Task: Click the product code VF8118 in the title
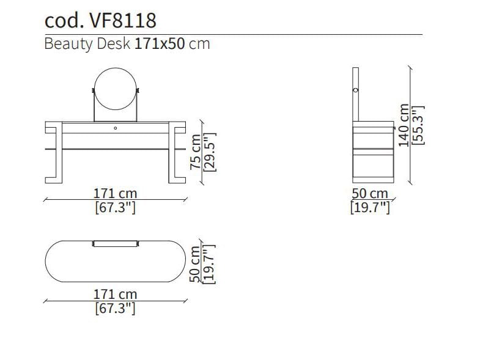tap(122, 21)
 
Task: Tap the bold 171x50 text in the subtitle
tap(160, 44)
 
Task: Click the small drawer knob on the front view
tap(116, 128)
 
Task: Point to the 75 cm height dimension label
tap(195, 152)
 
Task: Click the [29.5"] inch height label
tap(210, 152)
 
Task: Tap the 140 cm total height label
tap(404, 125)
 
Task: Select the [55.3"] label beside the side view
tap(418, 125)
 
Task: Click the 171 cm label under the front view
tap(115, 194)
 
